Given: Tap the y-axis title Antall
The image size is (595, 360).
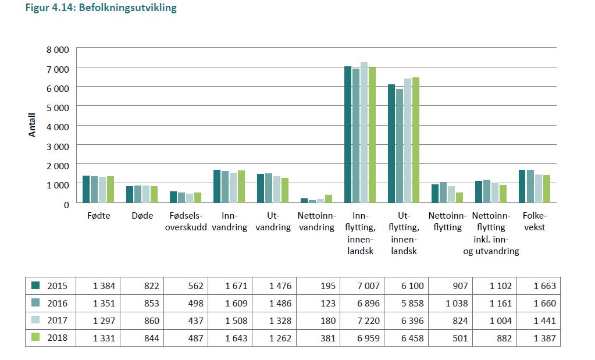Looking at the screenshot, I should point(33,124).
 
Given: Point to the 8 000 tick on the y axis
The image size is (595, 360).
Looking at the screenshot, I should point(58,49).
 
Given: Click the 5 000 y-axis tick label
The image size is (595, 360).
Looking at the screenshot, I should point(58,107).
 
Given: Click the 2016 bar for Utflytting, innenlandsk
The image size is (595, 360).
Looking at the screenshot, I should point(400,146).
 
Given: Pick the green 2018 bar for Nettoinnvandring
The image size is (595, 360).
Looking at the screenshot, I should point(329,199).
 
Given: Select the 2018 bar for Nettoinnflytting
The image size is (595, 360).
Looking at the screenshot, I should point(459,197).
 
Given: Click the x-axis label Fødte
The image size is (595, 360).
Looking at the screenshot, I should point(98,215).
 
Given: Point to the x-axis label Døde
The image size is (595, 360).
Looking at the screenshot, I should point(142,215).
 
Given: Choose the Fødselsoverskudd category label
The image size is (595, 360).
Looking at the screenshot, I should point(186,221).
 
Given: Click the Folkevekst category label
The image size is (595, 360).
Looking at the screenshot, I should point(534,221).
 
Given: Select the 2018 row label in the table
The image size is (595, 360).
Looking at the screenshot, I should point(57,338).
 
